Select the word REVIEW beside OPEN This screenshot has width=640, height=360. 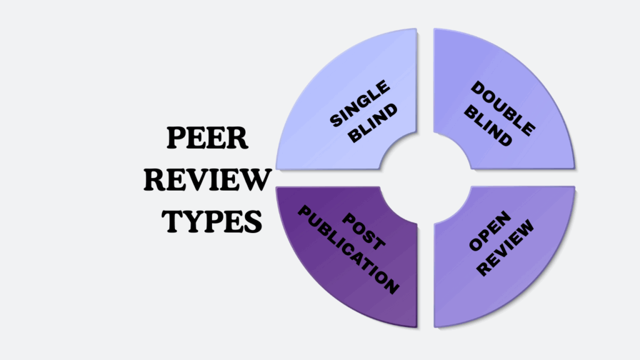(510, 247)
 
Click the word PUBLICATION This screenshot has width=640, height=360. (347, 251)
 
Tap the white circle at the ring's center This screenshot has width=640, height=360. (426, 178)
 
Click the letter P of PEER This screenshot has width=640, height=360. (173, 138)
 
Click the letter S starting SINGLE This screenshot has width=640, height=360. (336, 121)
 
